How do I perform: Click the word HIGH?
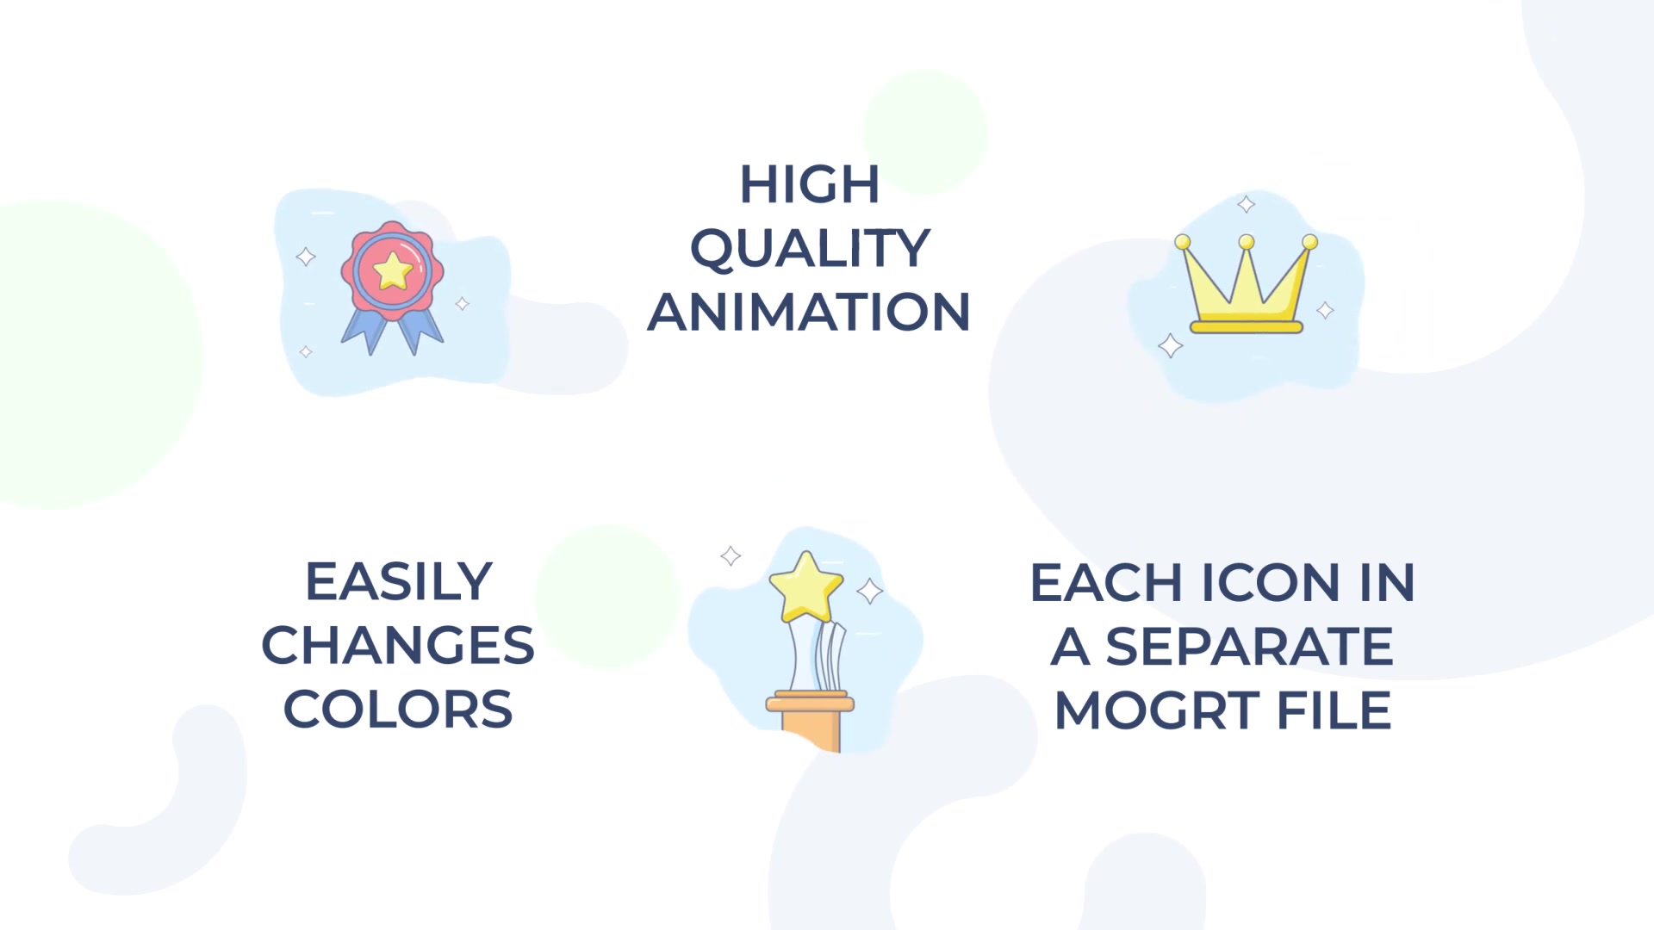[x=810, y=184]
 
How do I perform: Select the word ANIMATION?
[x=810, y=312]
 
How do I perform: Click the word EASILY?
[x=399, y=581]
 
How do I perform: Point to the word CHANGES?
[x=398, y=645]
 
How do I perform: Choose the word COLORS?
[x=398, y=709]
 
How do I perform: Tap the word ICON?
[x=1271, y=583]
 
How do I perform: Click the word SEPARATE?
[x=1249, y=647]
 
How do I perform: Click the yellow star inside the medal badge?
[x=393, y=270]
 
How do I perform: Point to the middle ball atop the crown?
[x=1246, y=242]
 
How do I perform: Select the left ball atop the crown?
[x=1183, y=242]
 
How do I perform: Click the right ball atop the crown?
[x=1309, y=242]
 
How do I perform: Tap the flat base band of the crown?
[x=1246, y=326]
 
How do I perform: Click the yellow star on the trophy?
[x=805, y=586]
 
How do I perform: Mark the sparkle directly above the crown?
[x=1246, y=204]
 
